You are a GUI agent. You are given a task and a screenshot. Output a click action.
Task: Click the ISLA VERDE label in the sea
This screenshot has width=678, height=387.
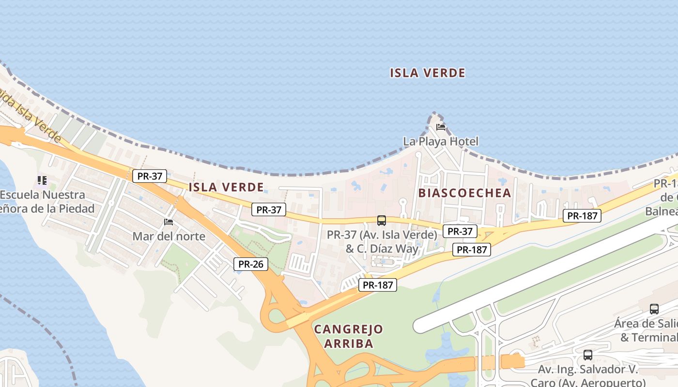428,73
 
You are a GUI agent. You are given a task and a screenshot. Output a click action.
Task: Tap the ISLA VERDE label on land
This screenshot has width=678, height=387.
226,187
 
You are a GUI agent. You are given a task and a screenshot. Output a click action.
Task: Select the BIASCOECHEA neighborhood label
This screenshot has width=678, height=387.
464,193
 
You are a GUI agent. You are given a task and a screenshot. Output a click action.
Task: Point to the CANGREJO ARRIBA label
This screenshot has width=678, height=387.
348,336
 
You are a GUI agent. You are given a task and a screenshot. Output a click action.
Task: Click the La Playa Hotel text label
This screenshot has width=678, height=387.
441,141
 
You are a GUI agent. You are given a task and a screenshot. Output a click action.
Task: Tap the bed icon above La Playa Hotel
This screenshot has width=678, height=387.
441,127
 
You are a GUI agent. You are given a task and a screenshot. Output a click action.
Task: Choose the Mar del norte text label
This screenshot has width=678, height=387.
169,237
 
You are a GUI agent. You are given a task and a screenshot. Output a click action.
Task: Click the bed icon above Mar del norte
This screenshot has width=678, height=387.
169,222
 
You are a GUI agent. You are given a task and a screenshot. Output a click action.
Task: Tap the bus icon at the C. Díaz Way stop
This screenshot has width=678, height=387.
382,221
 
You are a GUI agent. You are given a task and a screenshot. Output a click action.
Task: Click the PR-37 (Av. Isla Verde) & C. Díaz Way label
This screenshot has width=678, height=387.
382,241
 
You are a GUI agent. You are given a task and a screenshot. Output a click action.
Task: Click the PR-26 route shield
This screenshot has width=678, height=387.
250,264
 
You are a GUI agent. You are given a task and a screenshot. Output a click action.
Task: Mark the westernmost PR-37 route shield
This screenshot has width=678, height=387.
150,176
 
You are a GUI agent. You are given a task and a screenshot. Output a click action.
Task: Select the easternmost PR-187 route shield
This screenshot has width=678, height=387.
582,216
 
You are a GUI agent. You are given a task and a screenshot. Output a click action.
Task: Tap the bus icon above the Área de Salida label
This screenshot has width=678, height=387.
654,309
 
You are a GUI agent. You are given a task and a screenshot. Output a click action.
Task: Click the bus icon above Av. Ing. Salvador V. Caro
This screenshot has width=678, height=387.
588,355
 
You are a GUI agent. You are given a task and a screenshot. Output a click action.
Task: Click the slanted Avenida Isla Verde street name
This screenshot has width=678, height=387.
29,115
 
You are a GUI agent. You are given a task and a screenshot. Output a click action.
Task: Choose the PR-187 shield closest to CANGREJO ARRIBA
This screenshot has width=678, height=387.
378,285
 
